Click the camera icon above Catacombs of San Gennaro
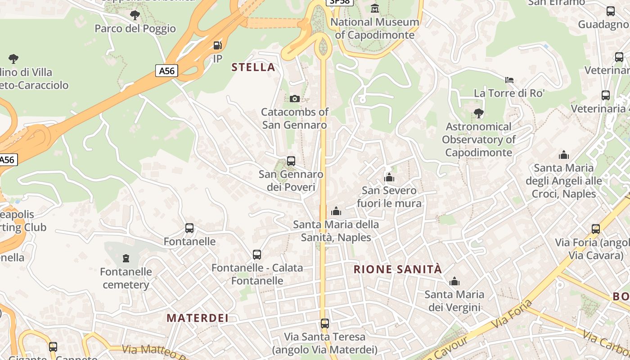click(x=295, y=99)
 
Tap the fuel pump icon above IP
click(x=217, y=45)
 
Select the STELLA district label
click(x=253, y=67)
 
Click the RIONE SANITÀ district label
click(x=398, y=270)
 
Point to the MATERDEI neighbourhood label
click(x=198, y=318)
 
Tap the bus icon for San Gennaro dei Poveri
click(x=291, y=161)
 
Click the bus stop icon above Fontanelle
click(x=189, y=228)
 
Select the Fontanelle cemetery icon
click(x=126, y=258)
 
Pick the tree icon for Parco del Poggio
click(x=135, y=15)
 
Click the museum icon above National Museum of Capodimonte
click(x=374, y=8)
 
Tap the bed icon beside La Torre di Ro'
click(x=509, y=80)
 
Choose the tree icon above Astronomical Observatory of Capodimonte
click(x=479, y=113)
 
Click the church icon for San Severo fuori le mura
click(x=389, y=178)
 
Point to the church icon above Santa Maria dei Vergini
click(x=454, y=282)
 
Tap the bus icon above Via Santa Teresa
click(x=325, y=323)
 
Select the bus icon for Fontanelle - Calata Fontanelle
click(x=257, y=255)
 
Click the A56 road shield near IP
click(x=166, y=71)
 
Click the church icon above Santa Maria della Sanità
click(x=336, y=211)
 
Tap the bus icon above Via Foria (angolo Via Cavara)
click(x=596, y=229)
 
